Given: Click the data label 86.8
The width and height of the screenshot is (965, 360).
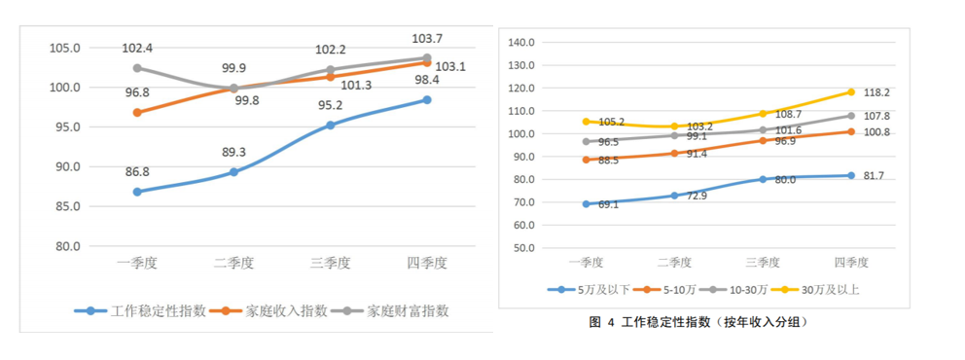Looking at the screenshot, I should (x=137, y=171).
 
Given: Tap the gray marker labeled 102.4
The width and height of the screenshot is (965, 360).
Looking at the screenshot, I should (x=137, y=68).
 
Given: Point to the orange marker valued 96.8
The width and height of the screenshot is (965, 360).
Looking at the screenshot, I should (x=137, y=113).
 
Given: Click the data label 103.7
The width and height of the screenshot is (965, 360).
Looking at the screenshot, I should (x=427, y=39).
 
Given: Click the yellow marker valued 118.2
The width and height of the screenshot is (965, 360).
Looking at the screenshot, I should (x=850, y=92).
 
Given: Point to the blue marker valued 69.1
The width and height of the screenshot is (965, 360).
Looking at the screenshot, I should (x=586, y=204).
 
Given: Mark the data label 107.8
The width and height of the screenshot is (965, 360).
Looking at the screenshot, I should (x=879, y=116).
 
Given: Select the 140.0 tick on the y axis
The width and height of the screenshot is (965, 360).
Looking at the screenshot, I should (x=522, y=43).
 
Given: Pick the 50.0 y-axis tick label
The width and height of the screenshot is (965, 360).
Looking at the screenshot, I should (x=525, y=247).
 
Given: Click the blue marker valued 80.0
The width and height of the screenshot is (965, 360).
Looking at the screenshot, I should (x=763, y=179).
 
